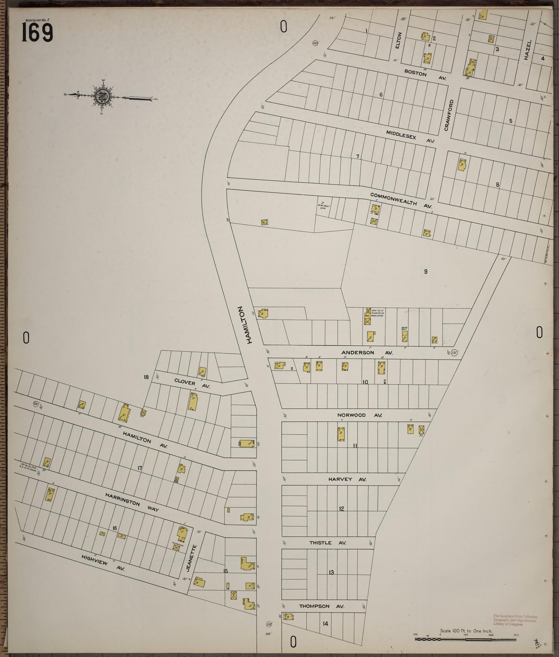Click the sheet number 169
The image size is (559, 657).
[37, 32]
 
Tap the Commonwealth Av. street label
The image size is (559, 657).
[401, 200]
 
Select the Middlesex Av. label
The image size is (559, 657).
[410, 137]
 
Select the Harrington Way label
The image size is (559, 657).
[132, 502]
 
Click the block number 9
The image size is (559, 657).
[426, 271]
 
